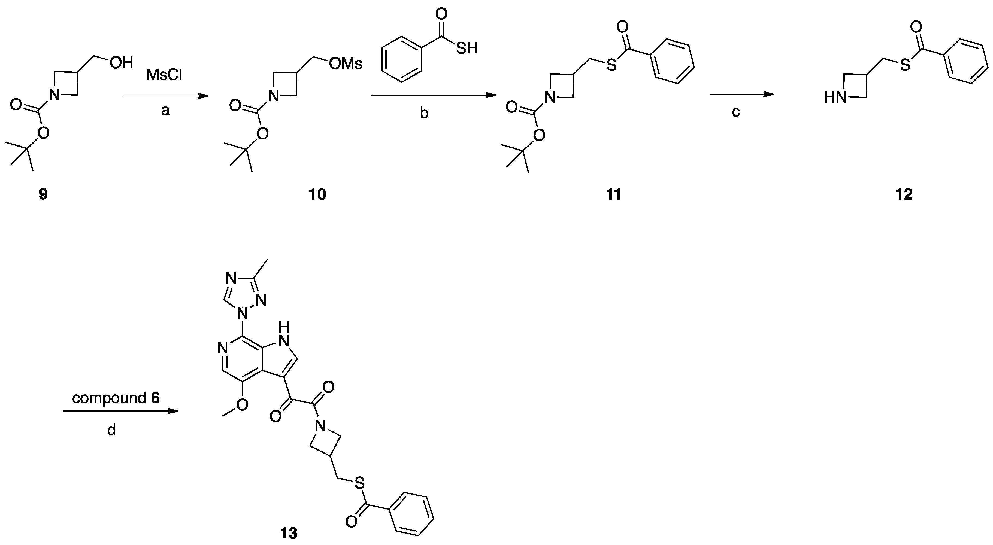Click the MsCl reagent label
pos(164,75)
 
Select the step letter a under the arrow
pos(165,111)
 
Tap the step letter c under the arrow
pos(735,112)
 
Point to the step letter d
pos(111,429)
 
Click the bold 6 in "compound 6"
pos(155,398)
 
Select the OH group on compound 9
pos(122,62)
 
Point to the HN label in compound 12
pos(835,98)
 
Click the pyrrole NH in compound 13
pos(284,334)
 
